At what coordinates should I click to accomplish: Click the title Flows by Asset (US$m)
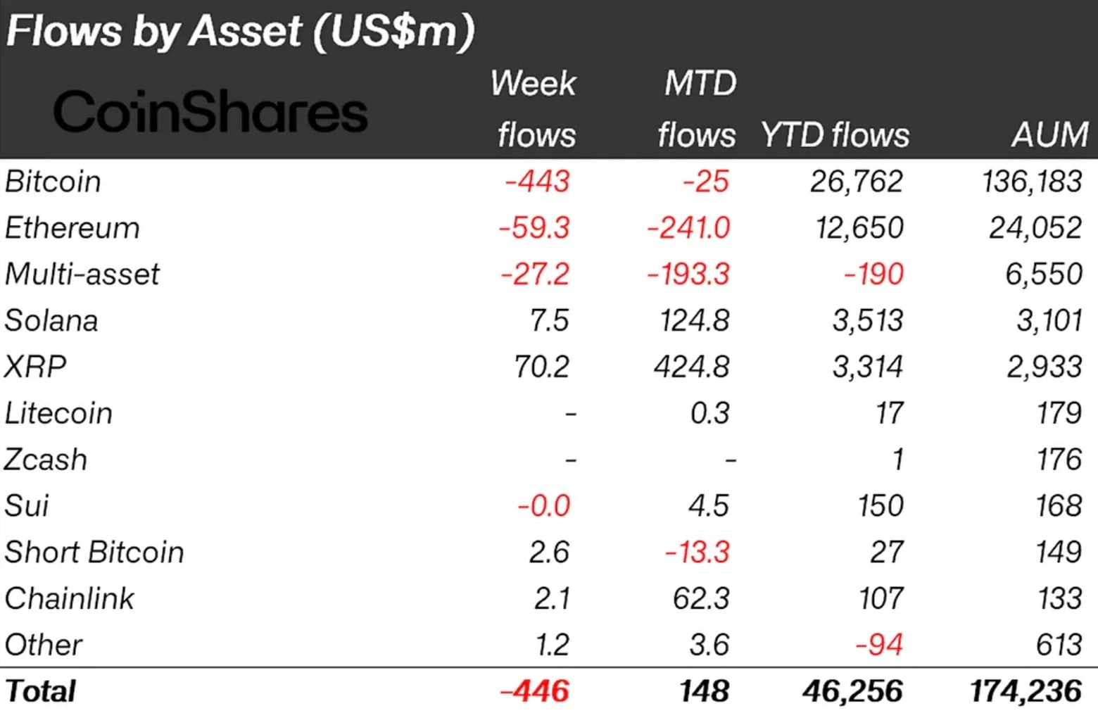click(240, 32)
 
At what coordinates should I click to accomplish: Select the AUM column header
click(1049, 134)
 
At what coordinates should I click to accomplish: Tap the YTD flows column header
click(835, 134)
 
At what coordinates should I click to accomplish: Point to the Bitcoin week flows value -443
click(536, 182)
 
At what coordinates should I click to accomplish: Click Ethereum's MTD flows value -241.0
click(688, 228)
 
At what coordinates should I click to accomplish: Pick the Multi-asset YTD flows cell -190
click(873, 275)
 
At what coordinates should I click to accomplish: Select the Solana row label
click(51, 321)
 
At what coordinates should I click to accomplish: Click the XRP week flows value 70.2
click(541, 367)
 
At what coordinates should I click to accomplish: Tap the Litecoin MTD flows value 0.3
click(709, 413)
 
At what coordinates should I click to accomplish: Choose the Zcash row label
click(46, 460)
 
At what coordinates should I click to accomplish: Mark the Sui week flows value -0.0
click(543, 506)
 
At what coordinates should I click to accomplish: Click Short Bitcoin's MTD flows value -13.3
click(697, 553)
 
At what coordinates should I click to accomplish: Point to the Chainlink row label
click(69, 599)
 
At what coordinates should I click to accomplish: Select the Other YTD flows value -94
click(878, 645)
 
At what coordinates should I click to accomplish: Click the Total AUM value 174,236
click(1026, 691)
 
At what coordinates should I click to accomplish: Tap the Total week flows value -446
click(534, 691)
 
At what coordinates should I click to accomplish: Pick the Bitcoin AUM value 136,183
click(1032, 182)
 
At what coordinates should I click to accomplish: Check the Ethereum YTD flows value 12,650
click(859, 228)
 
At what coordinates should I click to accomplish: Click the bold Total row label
click(40, 691)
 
